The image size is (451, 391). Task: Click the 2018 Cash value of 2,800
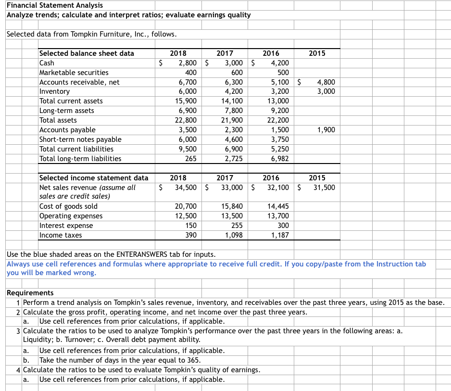(x=187, y=63)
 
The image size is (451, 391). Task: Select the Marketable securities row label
(x=74, y=73)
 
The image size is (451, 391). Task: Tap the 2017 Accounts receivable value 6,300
(x=234, y=82)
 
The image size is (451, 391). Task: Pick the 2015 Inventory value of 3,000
(x=326, y=91)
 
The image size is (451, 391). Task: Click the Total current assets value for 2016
(x=278, y=101)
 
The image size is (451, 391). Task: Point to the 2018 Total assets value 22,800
(x=185, y=120)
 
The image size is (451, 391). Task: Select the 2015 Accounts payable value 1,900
(x=326, y=130)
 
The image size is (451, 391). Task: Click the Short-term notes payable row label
(x=80, y=139)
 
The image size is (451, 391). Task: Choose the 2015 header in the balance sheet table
(x=317, y=53)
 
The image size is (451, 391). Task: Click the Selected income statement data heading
(x=93, y=178)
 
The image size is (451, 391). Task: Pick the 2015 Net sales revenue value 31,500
(x=324, y=188)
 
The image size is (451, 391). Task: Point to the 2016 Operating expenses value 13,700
(x=278, y=216)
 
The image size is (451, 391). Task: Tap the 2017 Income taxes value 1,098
(x=234, y=235)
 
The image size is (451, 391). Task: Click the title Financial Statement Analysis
(x=54, y=5)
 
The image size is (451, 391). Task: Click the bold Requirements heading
(x=30, y=293)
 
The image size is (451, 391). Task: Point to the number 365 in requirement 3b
(x=194, y=360)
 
